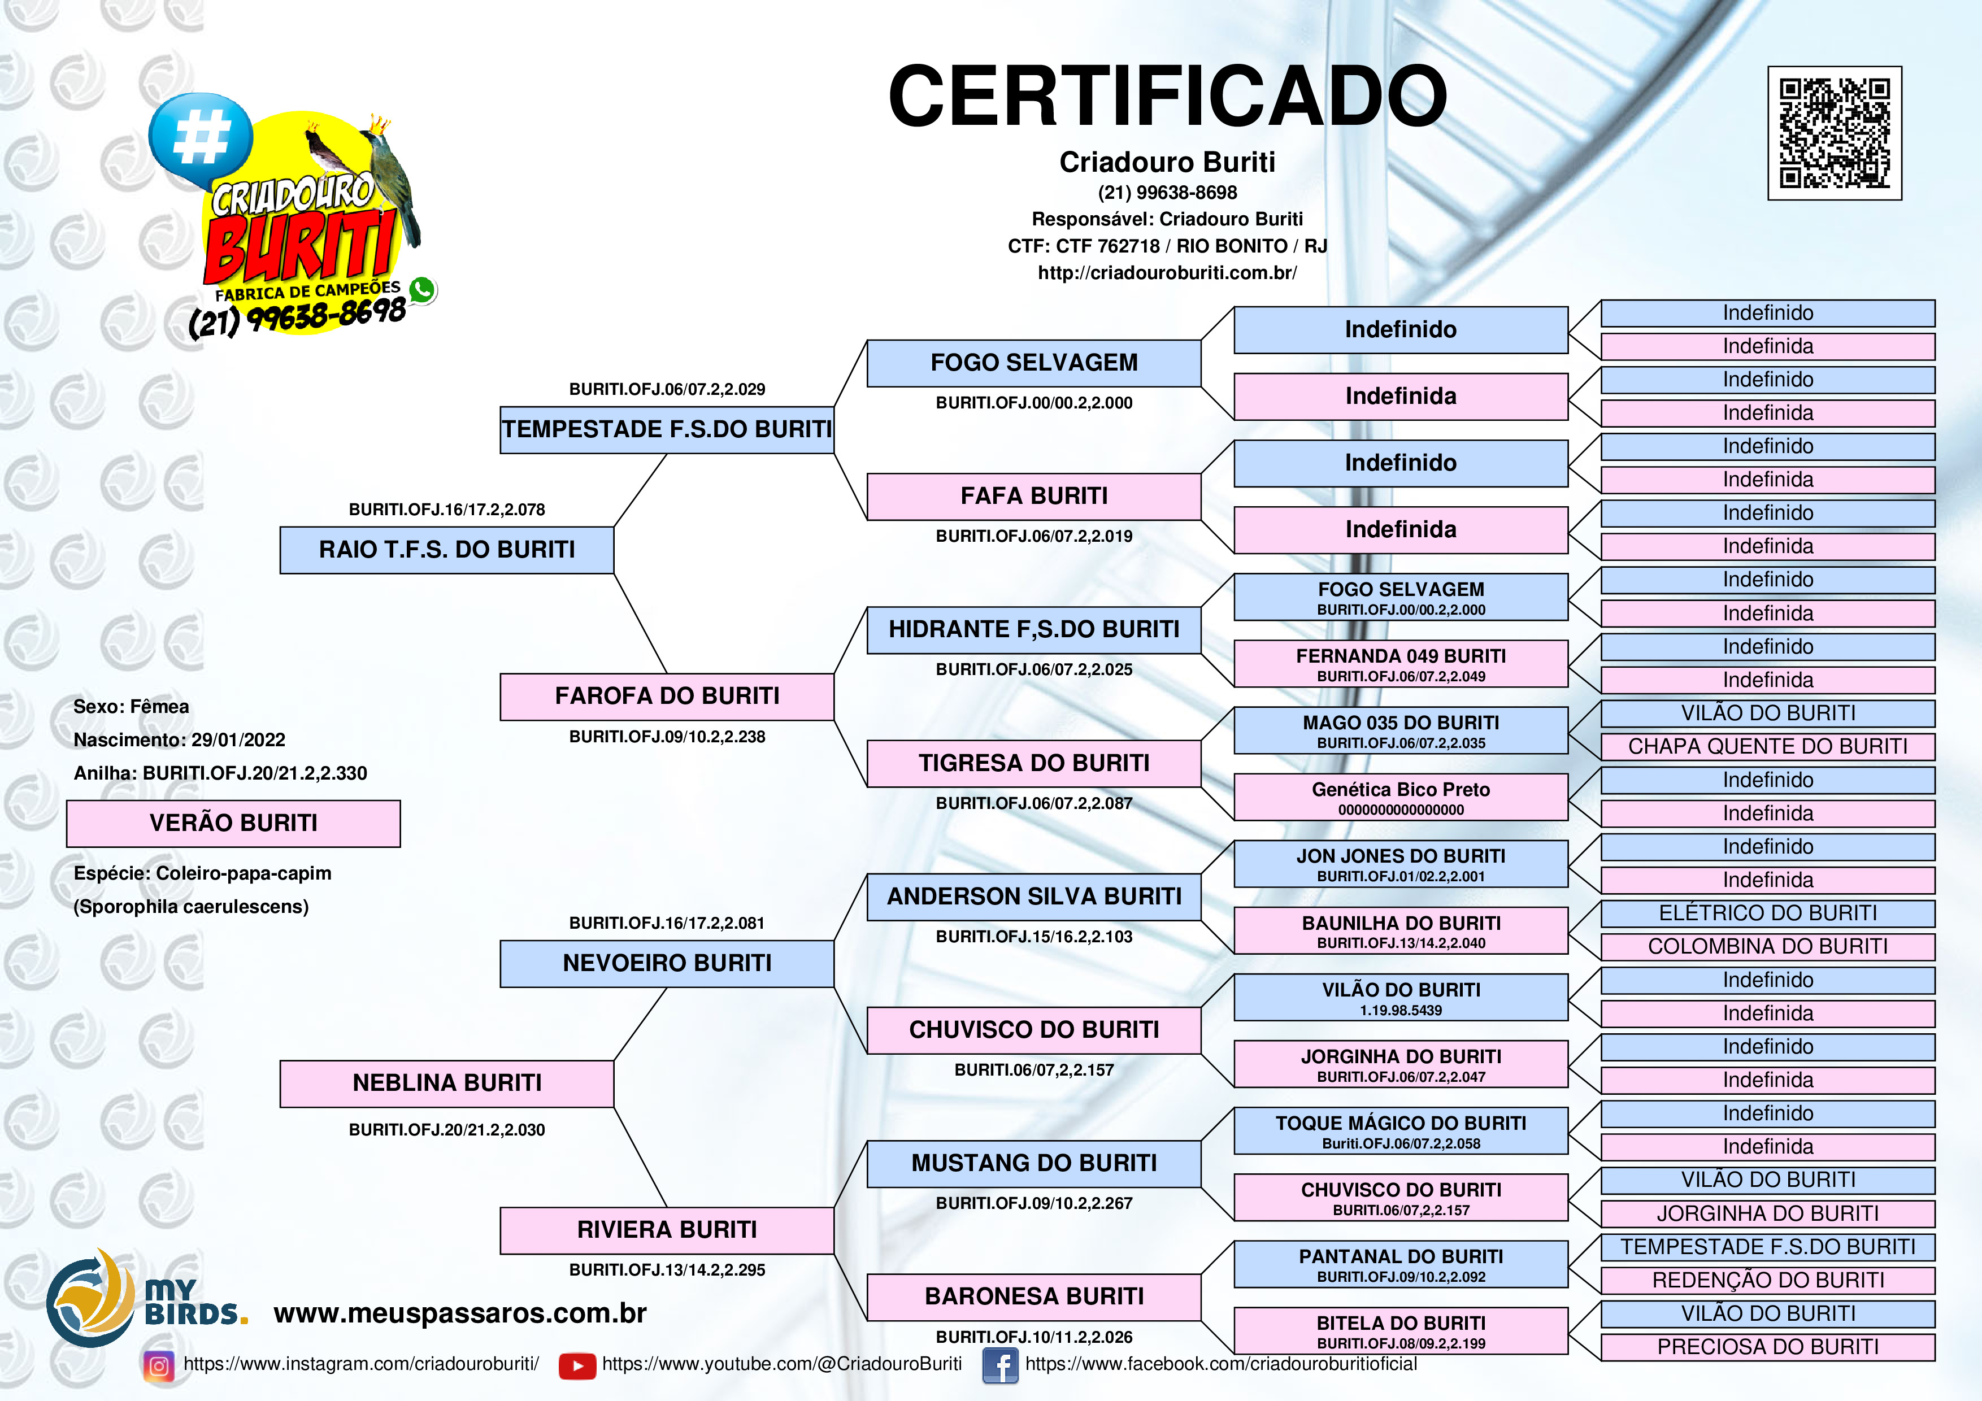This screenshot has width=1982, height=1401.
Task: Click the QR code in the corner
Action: click(x=1835, y=133)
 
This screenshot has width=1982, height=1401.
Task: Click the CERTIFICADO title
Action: click(x=1167, y=96)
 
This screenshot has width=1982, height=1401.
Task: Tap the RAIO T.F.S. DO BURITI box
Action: click(x=446, y=550)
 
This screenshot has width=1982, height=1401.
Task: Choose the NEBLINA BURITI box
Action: click(x=446, y=1084)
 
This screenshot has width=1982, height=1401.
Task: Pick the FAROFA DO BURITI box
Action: click(x=667, y=697)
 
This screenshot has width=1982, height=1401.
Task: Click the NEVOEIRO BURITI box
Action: click(x=667, y=963)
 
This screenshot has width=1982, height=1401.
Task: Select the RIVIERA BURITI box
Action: click(x=667, y=1230)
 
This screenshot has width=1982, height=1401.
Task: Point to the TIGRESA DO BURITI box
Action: click(x=1033, y=763)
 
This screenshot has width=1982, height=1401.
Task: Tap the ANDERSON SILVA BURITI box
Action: click(x=1033, y=897)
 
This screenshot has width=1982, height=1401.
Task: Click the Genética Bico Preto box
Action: click(x=1401, y=797)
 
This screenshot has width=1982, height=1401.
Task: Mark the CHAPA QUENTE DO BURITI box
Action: click(x=1768, y=747)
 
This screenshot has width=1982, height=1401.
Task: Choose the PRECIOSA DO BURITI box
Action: click(x=1768, y=1347)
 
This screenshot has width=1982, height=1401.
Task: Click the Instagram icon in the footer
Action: click(x=159, y=1365)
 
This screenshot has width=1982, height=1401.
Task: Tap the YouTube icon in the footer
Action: click(x=577, y=1365)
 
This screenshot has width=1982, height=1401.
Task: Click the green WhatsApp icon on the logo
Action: click(x=422, y=290)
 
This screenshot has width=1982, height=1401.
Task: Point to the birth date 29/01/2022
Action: click(x=238, y=740)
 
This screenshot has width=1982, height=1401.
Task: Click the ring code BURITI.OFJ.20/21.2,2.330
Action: click(x=255, y=773)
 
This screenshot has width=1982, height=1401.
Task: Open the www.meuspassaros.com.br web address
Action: click(x=460, y=1313)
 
